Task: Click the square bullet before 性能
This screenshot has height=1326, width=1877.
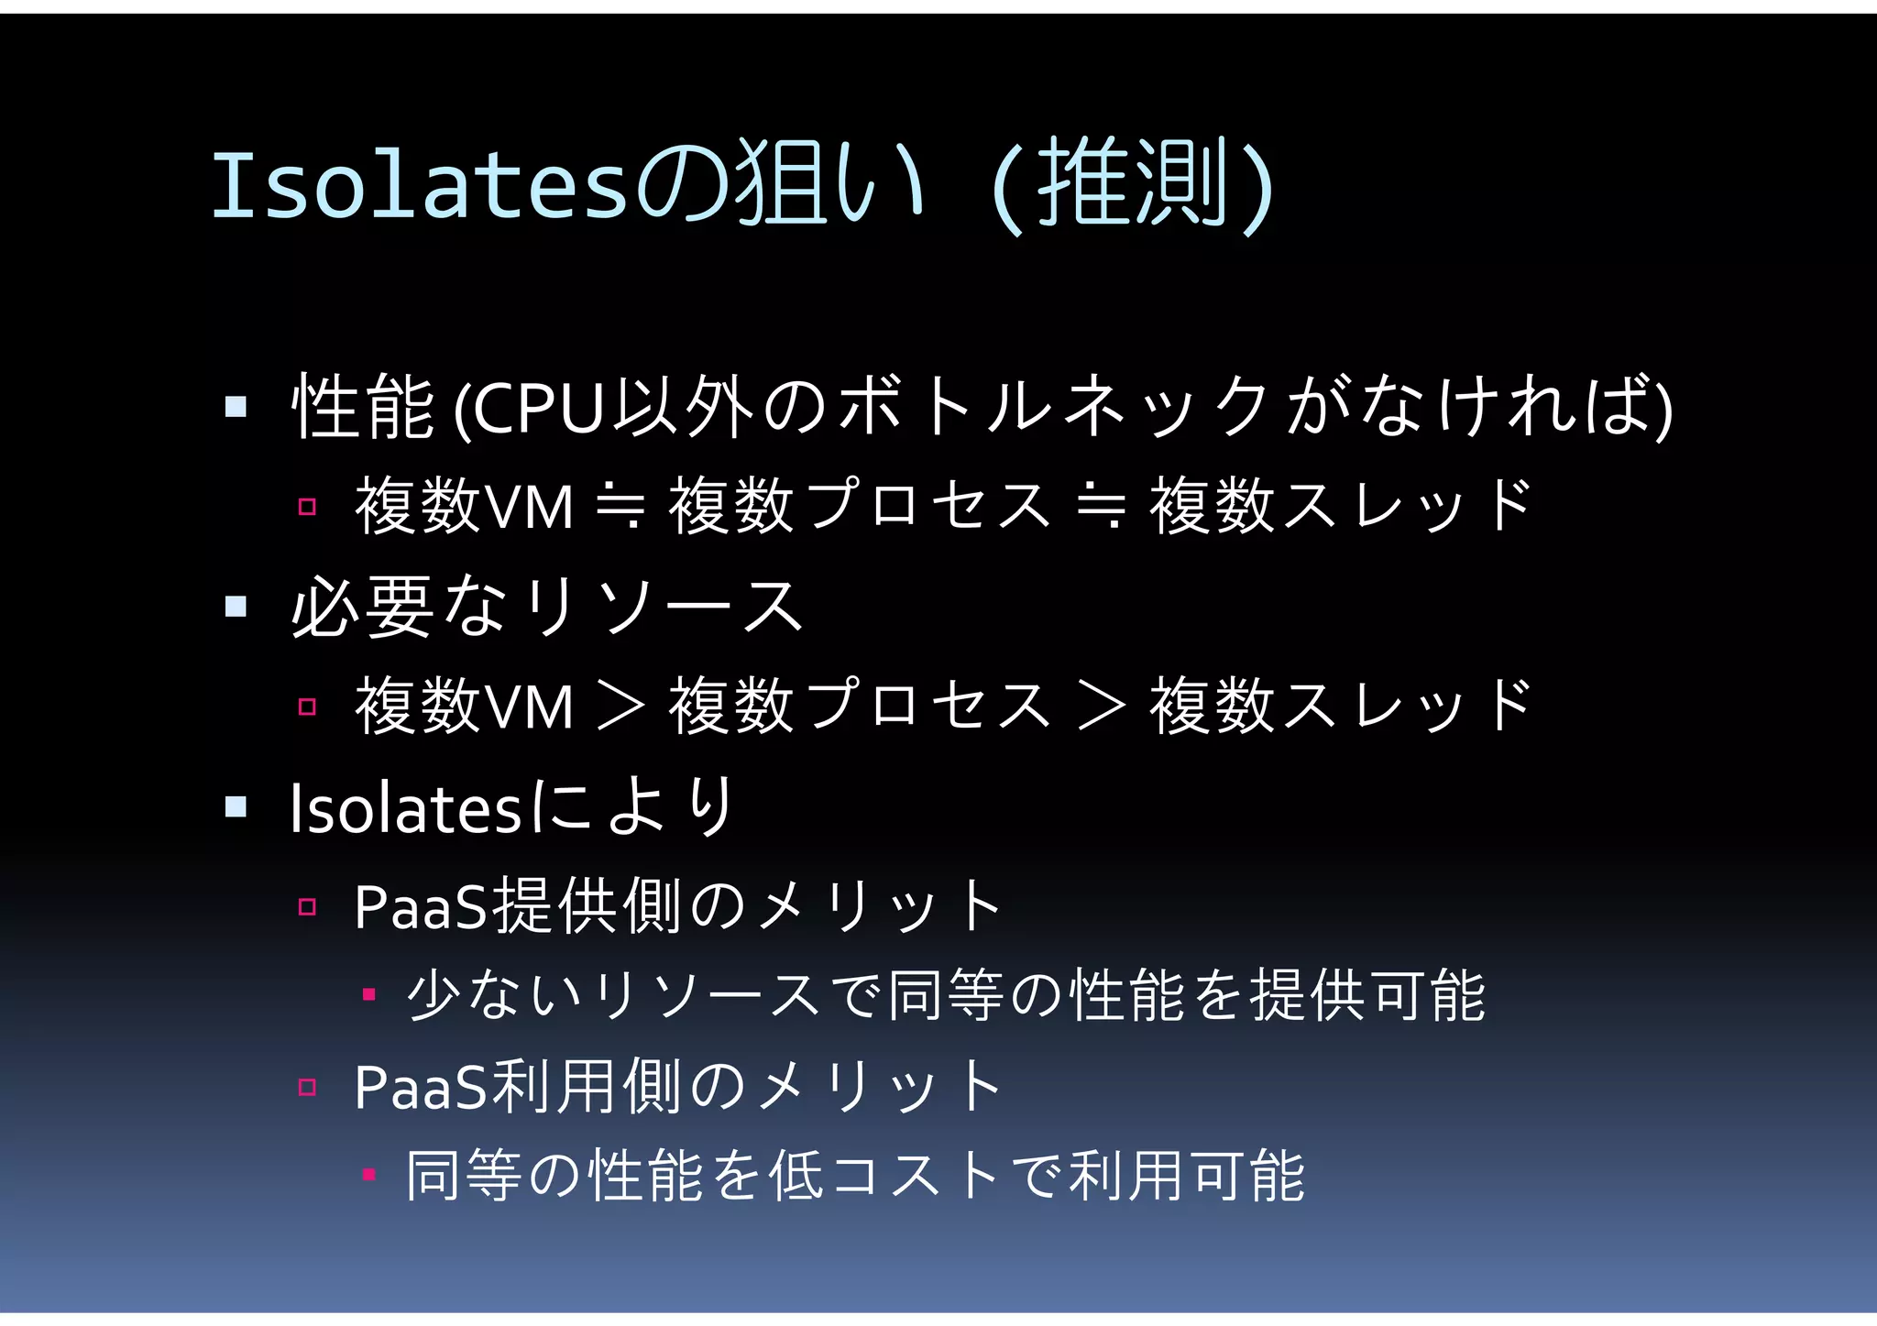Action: pyautogui.click(x=236, y=406)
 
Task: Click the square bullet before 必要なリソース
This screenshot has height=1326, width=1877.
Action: pyautogui.click(x=236, y=606)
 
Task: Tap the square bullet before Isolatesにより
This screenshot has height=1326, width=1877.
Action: pyautogui.click(x=236, y=806)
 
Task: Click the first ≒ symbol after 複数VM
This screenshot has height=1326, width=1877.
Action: pyautogui.click(x=621, y=507)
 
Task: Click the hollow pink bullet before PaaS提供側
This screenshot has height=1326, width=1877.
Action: pyautogui.click(x=307, y=907)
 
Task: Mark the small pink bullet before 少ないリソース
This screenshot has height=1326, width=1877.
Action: pyautogui.click(x=368, y=994)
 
